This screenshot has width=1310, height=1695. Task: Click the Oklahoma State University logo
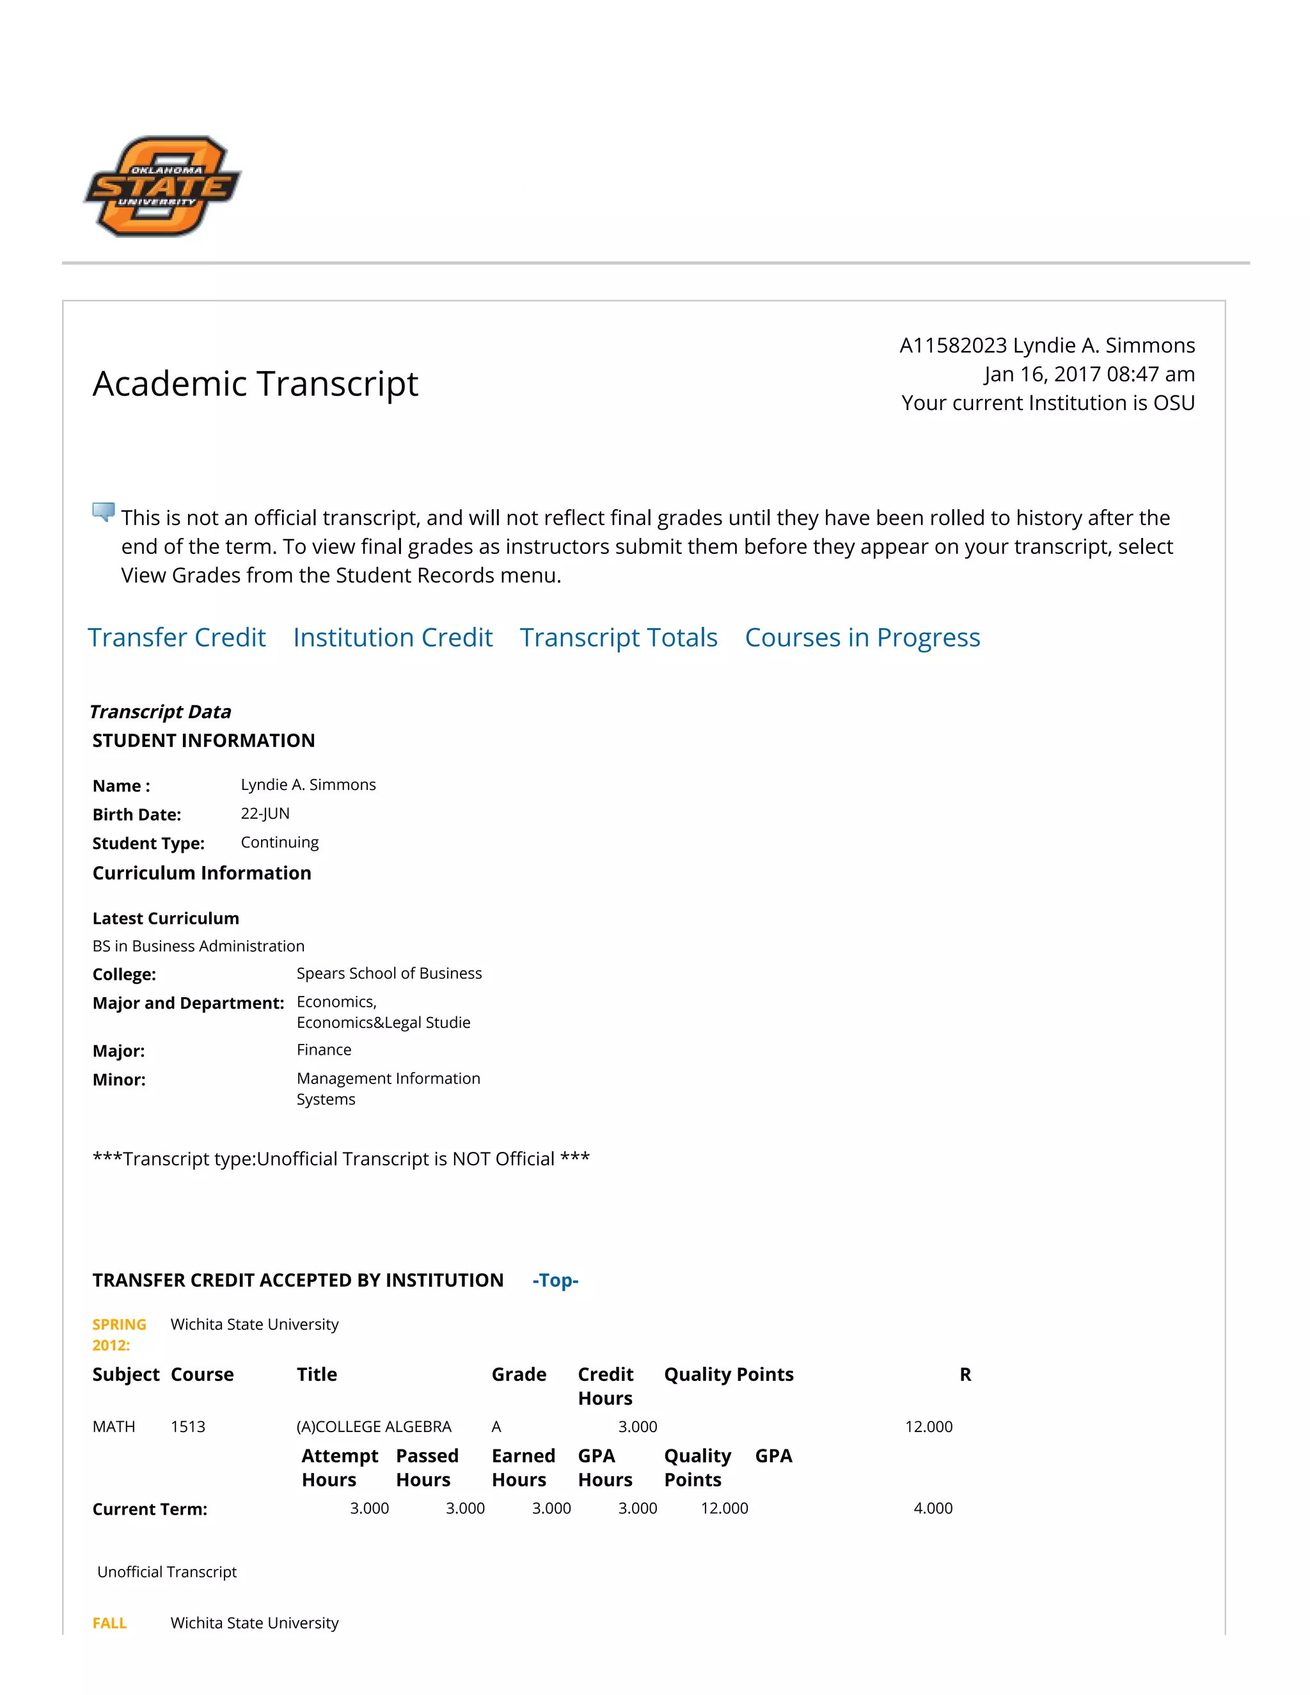(x=162, y=186)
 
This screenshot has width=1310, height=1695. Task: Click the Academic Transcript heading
(x=255, y=383)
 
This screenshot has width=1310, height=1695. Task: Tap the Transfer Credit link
(x=177, y=637)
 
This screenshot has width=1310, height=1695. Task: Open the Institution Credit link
(x=393, y=637)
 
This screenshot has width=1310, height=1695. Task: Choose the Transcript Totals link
(x=619, y=637)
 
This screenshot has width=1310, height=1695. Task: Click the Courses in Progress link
(x=862, y=637)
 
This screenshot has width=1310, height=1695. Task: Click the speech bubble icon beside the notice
(x=103, y=512)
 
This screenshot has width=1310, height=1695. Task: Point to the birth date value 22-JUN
(x=265, y=814)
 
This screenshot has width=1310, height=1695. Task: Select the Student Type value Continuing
(x=280, y=842)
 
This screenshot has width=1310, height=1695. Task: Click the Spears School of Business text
(x=389, y=974)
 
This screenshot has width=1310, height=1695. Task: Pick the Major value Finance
(x=324, y=1049)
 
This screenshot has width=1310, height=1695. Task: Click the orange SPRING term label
(x=120, y=1324)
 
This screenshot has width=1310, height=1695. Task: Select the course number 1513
(x=188, y=1426)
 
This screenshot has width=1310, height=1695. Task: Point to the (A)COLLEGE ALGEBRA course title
(x=374, y=1426)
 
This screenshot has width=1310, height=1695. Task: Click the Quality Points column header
(x=729, y=1375)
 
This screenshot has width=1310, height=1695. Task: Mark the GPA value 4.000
(x=933, y=1508)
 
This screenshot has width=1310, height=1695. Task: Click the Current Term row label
(x=150, y=1509)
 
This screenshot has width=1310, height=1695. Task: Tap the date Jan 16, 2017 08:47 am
(x=1089, y=374)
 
